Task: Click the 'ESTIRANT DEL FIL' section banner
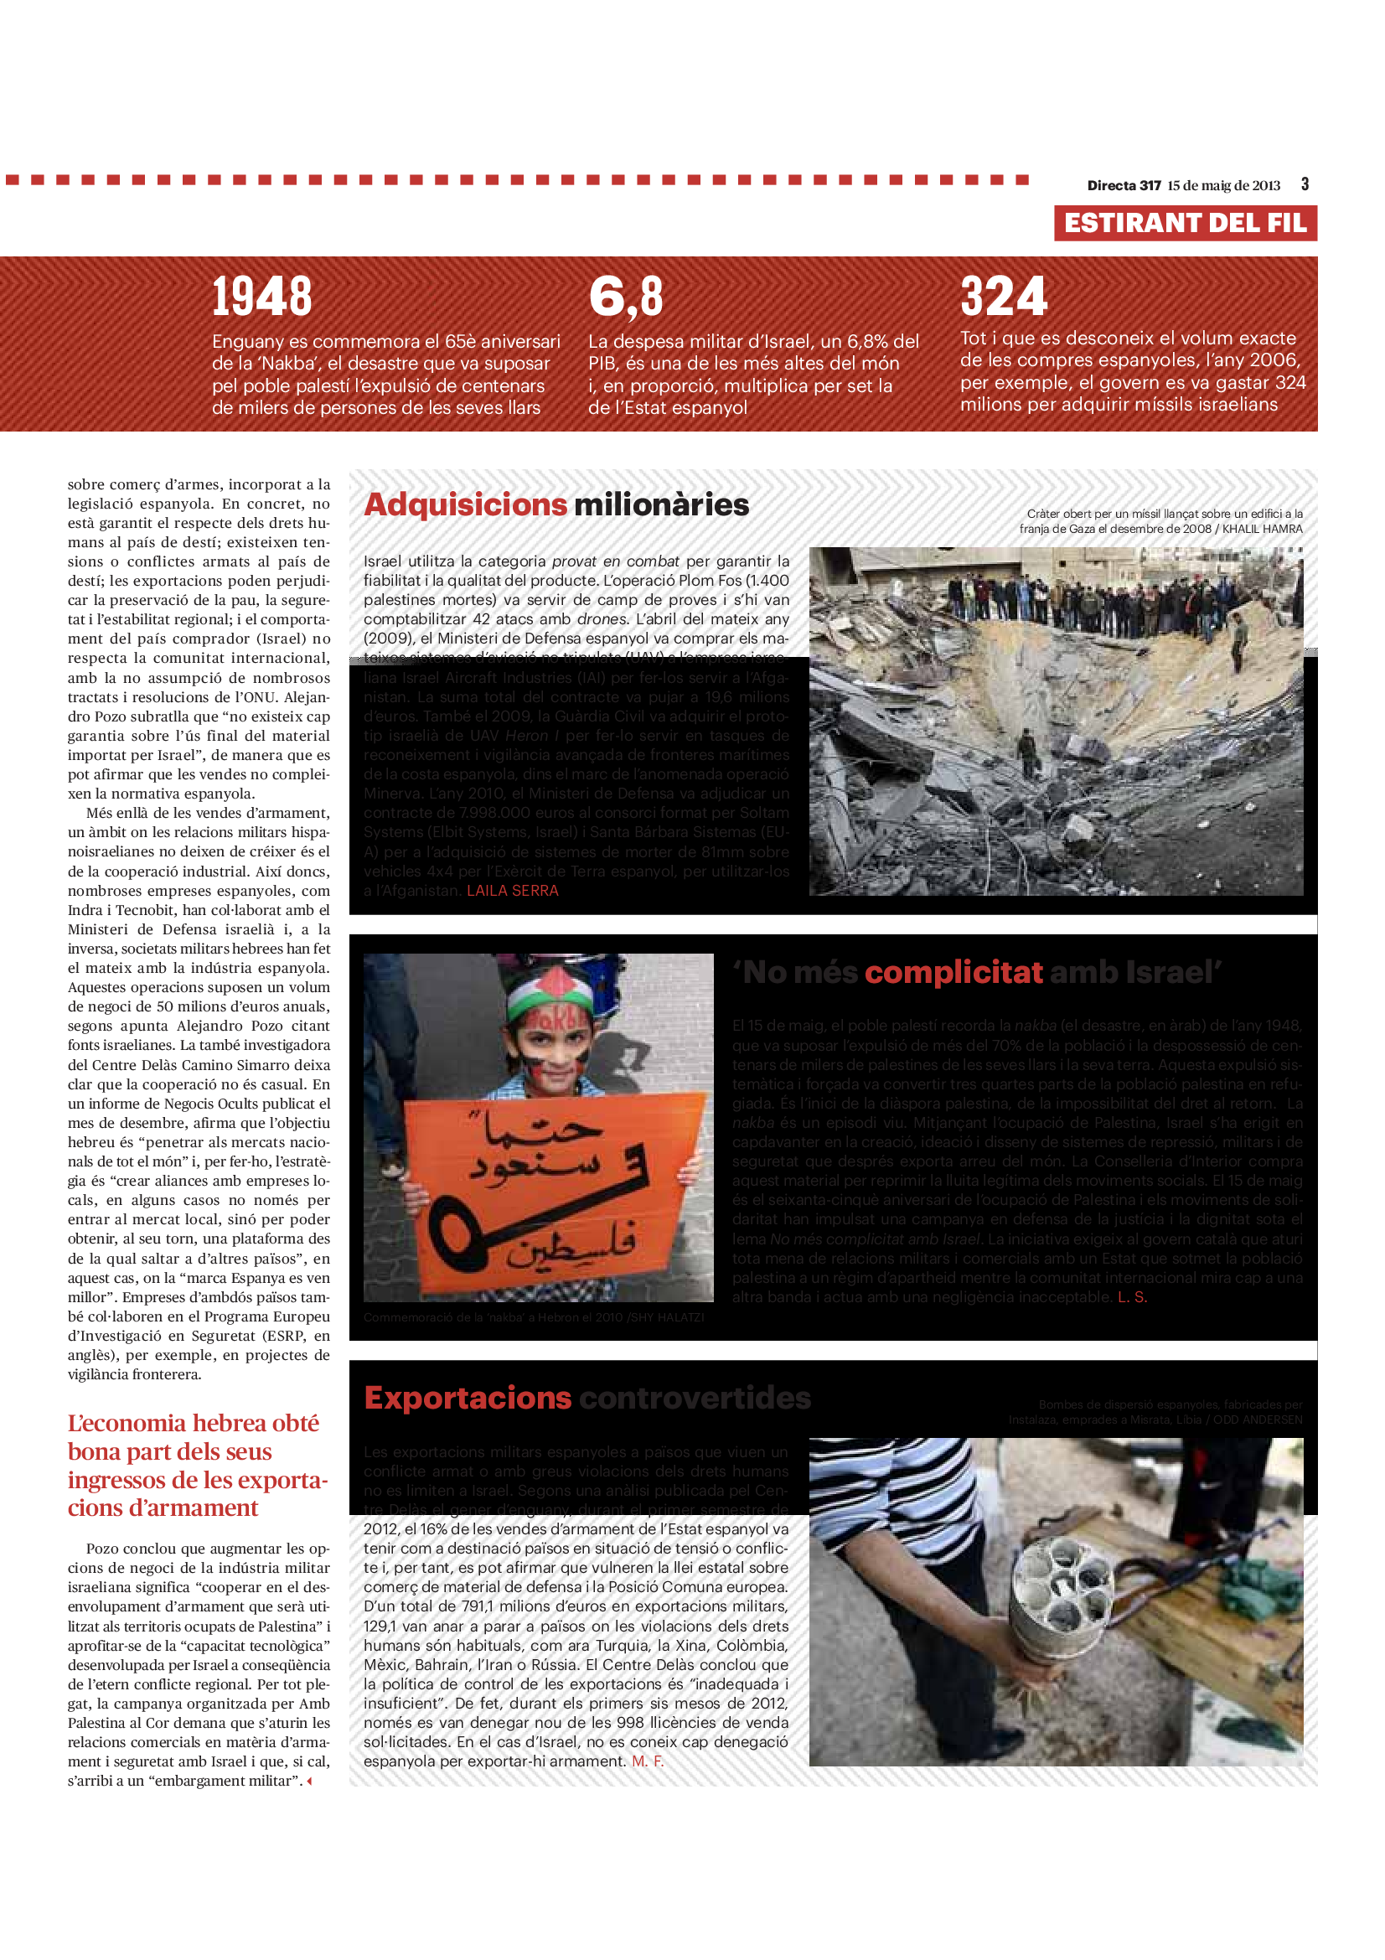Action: (1185, 223)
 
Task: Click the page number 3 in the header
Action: (1305, 184)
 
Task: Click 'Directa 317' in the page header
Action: (1124, 186)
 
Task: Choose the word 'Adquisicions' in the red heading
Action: (465, 504)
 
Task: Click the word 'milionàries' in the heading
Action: (661, 504)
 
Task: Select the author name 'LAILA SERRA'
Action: (512, 891)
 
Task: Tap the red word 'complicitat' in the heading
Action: (953, 972)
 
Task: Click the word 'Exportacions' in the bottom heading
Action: (468, 1398)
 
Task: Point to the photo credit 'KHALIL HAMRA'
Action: (1262, 530)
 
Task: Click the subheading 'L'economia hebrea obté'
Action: (193, 1423)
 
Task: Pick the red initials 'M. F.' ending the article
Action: (647, 1761)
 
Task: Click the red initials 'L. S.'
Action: (1133, 1296)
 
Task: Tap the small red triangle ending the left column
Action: (309, 1781)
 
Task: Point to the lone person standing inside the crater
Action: (1027, 749)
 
